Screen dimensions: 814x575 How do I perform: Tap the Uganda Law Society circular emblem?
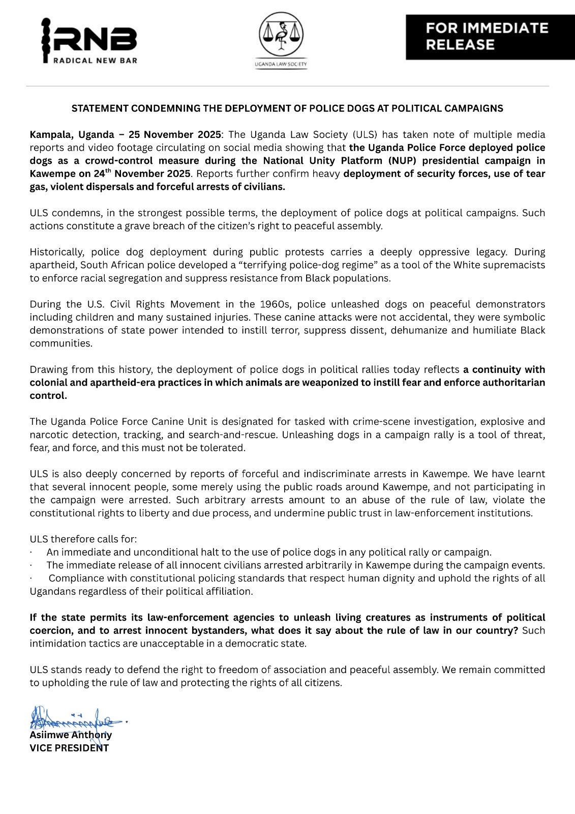tap(281, 36)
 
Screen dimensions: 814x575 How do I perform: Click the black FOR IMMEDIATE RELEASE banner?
tap(490, 37)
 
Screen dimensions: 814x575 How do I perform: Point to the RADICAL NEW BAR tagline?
tap(95, 61)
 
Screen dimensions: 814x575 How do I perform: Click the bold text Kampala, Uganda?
tap(72, 135)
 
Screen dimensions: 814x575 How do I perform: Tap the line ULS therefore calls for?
tap(83, 539)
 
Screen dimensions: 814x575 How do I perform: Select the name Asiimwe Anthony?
tap(71, 735)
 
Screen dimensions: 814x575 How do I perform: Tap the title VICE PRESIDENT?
tap(69, 748)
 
